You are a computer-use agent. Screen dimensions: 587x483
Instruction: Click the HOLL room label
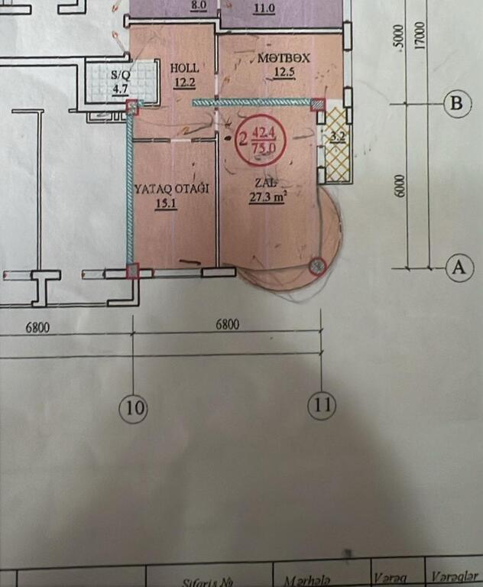185,68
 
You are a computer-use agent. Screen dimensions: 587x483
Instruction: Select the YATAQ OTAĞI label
171,188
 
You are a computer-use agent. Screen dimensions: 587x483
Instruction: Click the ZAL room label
266,183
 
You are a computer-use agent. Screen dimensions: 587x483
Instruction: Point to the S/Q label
120,75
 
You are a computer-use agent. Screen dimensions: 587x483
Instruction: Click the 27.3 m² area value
267,196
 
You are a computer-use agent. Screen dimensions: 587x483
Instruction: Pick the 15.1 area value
166,203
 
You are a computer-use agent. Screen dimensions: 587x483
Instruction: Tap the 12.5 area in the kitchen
285,73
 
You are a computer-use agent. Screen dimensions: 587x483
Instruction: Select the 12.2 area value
184,83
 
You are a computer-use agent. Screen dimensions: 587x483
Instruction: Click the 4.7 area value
121,89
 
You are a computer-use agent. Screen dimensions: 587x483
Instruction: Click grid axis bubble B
457,104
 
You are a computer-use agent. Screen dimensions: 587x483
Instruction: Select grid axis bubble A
459,268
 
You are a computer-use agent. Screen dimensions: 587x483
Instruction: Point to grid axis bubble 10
134,409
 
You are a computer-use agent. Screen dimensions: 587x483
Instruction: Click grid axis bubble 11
323,405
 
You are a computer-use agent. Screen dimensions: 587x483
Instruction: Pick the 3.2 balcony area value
337,138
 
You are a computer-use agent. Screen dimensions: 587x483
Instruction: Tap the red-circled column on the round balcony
317,266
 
